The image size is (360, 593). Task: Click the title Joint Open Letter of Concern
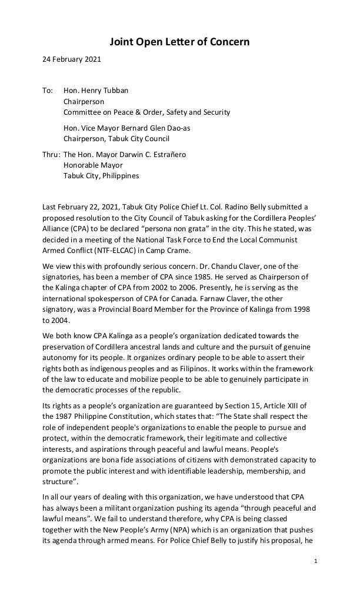coord(180,42)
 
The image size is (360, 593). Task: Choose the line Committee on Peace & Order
coord(146,112)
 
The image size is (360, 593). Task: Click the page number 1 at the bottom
coord(316,562)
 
